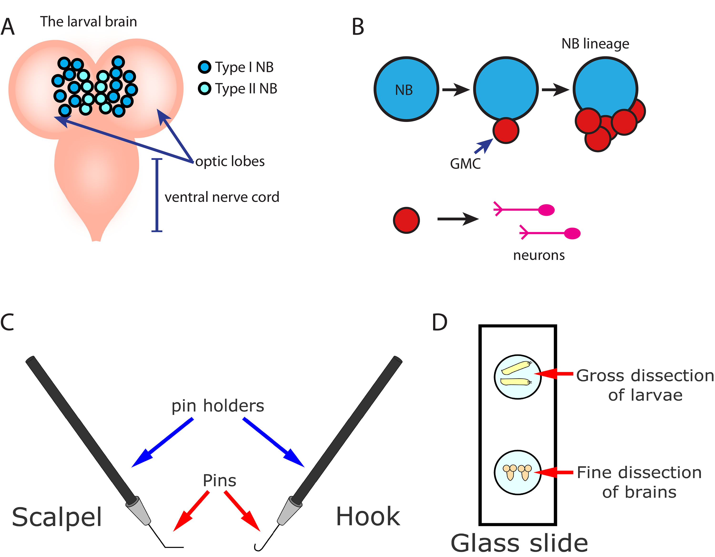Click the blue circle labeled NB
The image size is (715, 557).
click(406, 89)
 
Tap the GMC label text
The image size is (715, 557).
click(465, 164)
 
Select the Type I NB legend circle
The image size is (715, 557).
click(205, 67)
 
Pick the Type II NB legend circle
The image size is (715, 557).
click(205, 88)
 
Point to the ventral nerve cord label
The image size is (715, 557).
click(222, 197)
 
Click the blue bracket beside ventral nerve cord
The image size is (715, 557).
click(157, 195)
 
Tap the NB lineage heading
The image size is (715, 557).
click(595, 44)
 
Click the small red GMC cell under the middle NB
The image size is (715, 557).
click(506, 131)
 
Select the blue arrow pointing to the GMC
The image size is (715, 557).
click(484, 146)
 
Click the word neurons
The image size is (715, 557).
click(539, 255)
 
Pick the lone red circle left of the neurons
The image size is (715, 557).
click(406, 220)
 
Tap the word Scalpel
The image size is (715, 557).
click(57, 517)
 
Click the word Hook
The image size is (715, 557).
click(368, 516)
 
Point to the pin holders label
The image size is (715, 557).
click(218, 406)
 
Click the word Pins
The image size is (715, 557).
click(219, 481)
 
